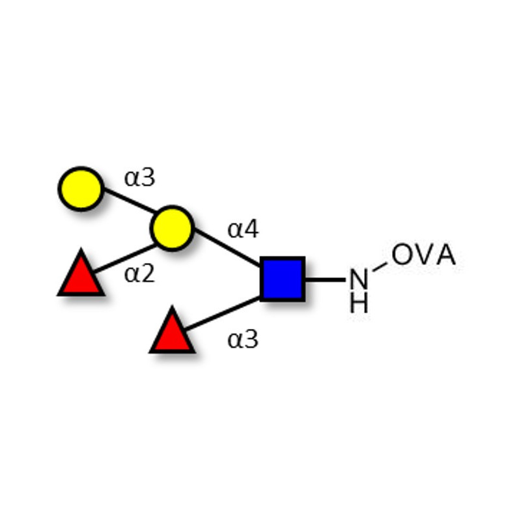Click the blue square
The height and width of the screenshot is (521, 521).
pyautogui.click(x=283, y=279)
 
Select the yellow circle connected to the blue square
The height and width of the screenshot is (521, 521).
pyautogui.click(x=172, y=228)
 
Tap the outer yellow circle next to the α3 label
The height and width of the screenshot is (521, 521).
pyautogui.click(x=81, y=189)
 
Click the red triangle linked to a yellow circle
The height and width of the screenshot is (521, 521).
pyautogui.click(x=81, y=272)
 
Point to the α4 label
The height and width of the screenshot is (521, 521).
pyautogui.click(x=243, y=229)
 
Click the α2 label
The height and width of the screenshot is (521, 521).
pyautogui.click(x=139, y=274)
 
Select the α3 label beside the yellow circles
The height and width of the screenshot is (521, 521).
pyautogui.click(x=139, y=178)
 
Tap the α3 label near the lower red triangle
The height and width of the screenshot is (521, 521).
pyautogui.click(x=243, y=339)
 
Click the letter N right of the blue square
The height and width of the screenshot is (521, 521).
pyautogui.click(x=359, y=279)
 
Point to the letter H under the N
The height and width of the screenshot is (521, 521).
pyautogui.click(x=359, y=302)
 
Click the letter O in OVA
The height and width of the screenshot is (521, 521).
pyautogui.click(x=402, y=254)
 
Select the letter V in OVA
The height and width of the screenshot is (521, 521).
pyautogui.click(x=424, y=254)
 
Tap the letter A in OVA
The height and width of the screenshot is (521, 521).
pyautogui.click(x=445, y=254)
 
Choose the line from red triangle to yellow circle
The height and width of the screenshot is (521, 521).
pyautogui.click(x=124, y=259)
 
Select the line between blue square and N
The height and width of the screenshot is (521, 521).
pyautogui.click(x=326, y=280)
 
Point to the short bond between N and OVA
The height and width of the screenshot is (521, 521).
pyautogui.click(x=380, y=267)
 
